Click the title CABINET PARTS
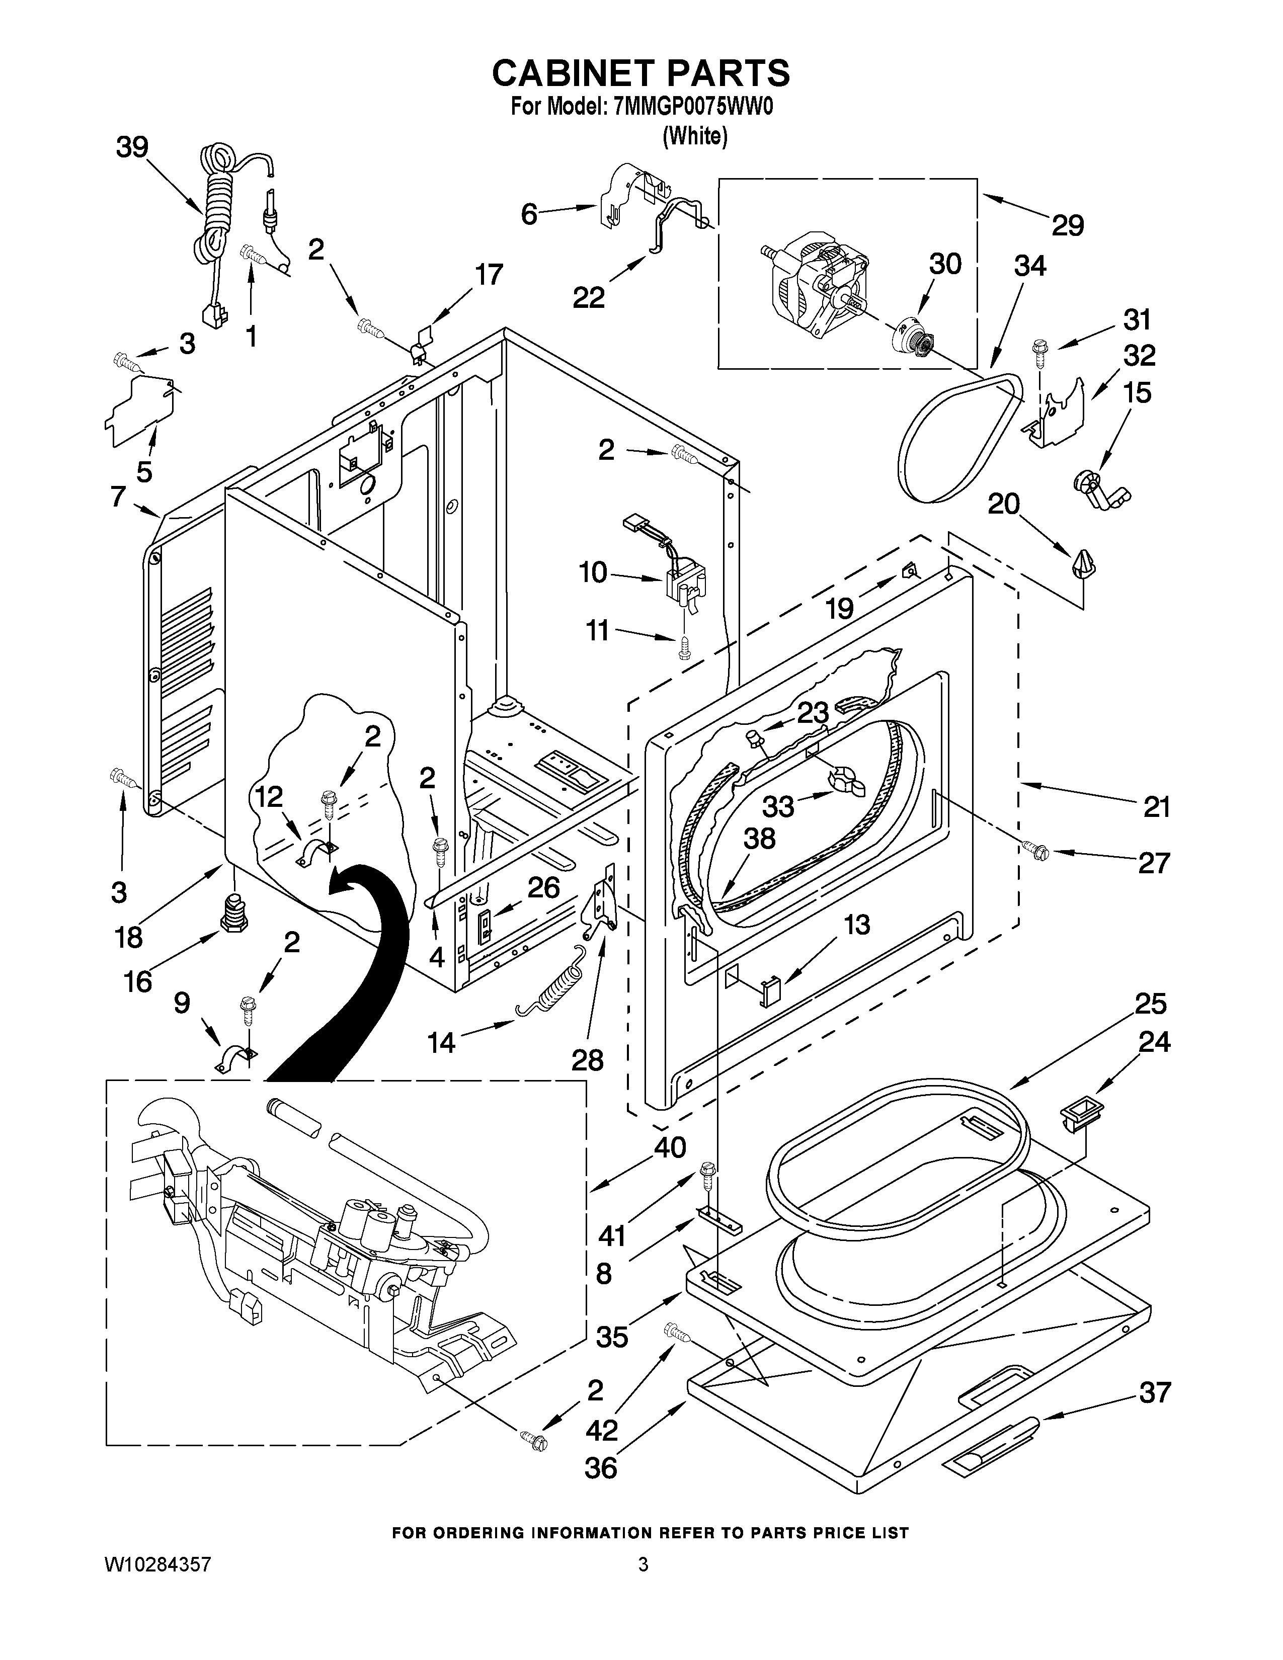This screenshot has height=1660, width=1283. coord(640,74)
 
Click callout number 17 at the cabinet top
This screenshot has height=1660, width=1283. coord(489,274)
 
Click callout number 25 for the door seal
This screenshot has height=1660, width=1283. coord(1150,1004)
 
